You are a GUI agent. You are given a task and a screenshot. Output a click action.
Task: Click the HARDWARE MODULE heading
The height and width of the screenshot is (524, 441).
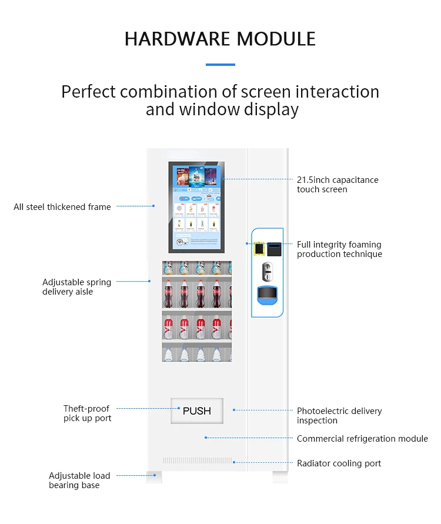click(220, 39)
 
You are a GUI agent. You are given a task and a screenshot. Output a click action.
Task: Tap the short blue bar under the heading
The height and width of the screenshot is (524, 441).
click(220, 65)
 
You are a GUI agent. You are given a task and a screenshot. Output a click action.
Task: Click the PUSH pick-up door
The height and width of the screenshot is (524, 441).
click(197, 410)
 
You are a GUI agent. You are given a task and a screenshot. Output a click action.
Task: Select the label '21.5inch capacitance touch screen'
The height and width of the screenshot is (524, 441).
click(338, 185)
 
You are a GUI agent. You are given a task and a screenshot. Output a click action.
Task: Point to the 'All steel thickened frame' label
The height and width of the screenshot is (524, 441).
click(62, 207)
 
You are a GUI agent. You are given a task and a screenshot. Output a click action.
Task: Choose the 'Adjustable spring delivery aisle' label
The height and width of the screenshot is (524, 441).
click(76, 287)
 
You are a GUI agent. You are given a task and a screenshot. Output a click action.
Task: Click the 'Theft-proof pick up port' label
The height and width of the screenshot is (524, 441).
click(87, 413)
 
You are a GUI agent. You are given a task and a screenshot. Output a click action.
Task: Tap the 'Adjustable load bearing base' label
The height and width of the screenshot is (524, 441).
click(79, 480)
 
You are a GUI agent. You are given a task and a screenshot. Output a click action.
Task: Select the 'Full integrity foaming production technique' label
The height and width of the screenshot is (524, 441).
click(339, 249)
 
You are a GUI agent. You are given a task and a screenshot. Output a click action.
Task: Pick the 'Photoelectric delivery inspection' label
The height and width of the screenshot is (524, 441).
click(339, 416)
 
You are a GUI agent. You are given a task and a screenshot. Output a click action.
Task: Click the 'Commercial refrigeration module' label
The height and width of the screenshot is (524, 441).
click(362, 439)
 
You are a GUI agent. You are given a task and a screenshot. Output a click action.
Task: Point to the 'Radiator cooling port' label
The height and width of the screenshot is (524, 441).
click(339, 463)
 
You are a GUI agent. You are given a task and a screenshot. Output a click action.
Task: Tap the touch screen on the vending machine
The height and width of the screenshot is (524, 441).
click(196, 206)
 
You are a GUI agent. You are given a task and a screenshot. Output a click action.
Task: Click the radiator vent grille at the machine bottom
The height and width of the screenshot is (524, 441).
click(197, 460)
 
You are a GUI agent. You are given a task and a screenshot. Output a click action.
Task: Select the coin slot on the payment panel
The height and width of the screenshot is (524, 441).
click(267, 271)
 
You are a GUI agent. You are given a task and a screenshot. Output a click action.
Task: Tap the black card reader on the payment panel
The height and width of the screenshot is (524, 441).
click(275, 249)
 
